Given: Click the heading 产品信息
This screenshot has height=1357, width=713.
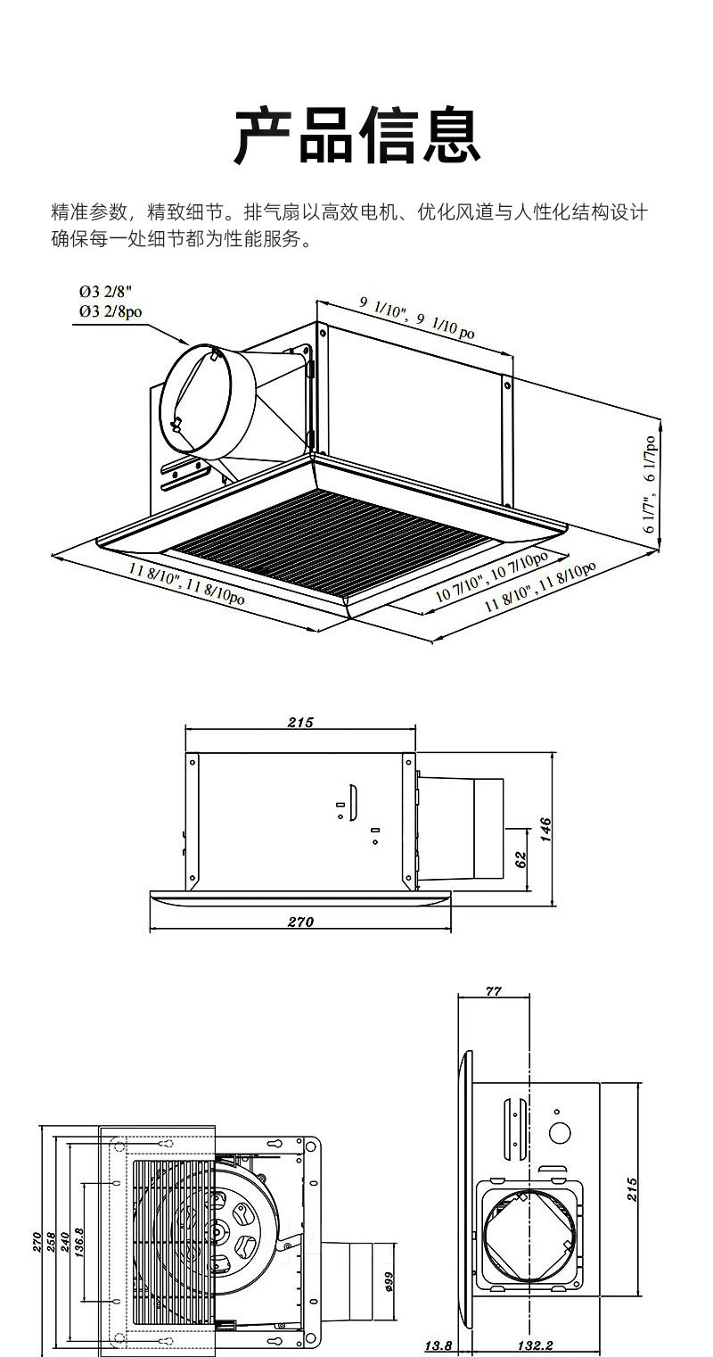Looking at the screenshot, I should pos(356,136).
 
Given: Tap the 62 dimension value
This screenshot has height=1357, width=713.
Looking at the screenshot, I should pos(521,858).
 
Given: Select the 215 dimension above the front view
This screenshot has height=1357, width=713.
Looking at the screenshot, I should pos(300,723).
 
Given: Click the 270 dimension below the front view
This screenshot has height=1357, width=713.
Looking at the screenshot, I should pos(300,923).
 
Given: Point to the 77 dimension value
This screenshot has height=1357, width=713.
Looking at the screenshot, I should pos(493,991).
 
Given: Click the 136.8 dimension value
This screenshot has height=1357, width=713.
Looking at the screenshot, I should pos(79,1243).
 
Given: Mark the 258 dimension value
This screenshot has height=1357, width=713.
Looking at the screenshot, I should pos(51,1243).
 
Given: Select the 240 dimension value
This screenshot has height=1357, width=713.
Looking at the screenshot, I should pos(64,1243).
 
